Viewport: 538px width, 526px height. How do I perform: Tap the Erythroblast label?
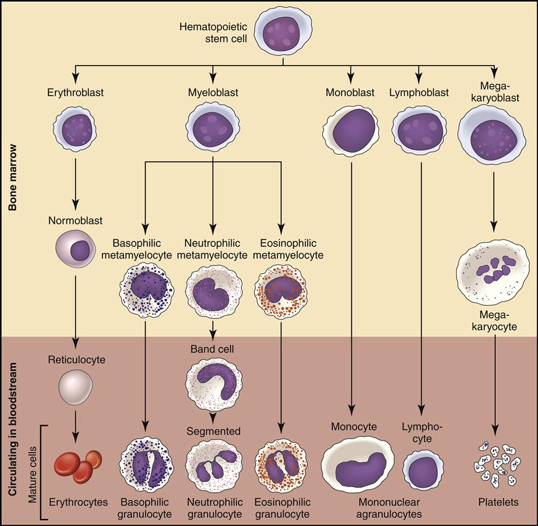pos(75,93)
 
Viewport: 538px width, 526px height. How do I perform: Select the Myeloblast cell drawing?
pos(213,125)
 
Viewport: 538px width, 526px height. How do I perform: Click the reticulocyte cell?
pos(75,388)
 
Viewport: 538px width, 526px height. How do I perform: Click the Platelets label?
pos(499,502)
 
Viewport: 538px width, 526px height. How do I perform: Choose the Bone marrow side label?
pos(12,181)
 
